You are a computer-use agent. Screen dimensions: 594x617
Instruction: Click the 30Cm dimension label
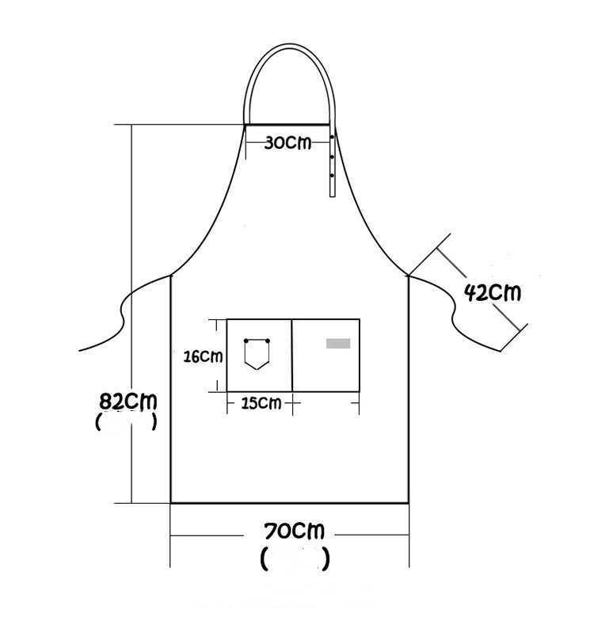pyautogui.click(x=287, y=143)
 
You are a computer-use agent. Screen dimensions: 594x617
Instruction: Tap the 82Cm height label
pyautogui.click(x=128, y=402)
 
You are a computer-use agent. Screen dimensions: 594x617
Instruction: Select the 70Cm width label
pyautogui.click(x=295, y=531)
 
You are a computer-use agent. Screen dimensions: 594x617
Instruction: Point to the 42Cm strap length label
pyautogui.click(x=492, y=292)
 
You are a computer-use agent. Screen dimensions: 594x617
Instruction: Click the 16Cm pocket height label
pyautogui.click(x=203, y=356)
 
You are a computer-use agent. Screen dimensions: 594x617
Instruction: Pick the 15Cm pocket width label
pyautogui.click(x=261, y=403)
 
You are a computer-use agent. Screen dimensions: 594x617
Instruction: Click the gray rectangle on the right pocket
pyautogui.click(x=338, y=344)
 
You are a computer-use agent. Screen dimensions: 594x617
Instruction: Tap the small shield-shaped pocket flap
pyautogui.click(x=257, y=354)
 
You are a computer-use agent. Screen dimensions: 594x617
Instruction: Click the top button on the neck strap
pyautogui.click(x=333, y=137)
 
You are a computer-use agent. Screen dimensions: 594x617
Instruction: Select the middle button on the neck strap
pyautogui.click(x=333, y=157)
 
